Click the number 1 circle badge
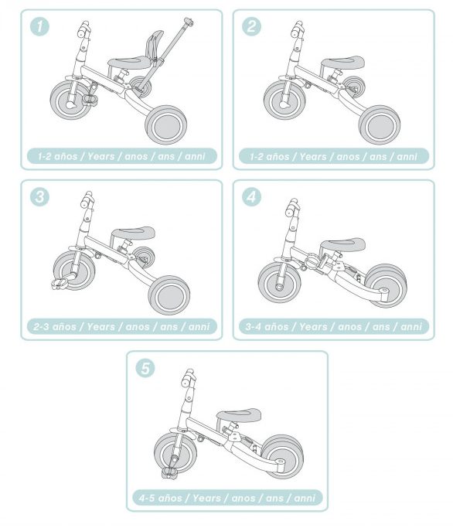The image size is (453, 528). tap(39, 26)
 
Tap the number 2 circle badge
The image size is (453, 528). tap(251, 26)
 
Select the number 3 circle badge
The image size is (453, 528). tap(39, 196)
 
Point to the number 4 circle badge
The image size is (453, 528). tap(251, 196)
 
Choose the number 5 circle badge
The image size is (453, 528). tap(145, 368)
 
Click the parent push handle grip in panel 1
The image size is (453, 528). tap(189, 22)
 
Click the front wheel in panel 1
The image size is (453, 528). tap(71, 100)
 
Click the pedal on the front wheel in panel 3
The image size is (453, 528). tap(60, 283)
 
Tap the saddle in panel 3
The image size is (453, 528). tap(134, 233)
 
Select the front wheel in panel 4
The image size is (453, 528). tap(280, 282)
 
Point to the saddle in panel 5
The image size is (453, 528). tap(239, 415)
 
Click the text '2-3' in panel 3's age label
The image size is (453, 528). tap(41, 327)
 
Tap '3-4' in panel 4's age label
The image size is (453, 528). tap(253, 327)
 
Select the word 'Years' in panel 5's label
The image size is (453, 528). tap(206, 498)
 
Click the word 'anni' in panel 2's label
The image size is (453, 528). tap(407, 157)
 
